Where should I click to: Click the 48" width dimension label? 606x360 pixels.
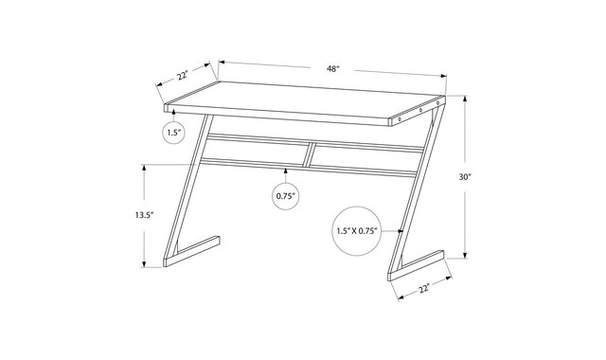point(332,69)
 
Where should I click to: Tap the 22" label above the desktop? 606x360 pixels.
point(183,75)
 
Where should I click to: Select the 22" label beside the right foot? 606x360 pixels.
point(424,288)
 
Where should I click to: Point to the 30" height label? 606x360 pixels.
point(465,177)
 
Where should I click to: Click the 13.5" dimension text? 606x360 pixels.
point(145,215)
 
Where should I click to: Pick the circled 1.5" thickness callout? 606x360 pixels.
point(174,133)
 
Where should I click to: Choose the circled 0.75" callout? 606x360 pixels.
point(286,196)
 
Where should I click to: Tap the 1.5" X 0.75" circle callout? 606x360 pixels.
point(357,231)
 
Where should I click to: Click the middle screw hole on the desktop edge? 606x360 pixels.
point(420,111)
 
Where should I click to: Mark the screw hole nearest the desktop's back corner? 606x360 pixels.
point(437,103)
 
